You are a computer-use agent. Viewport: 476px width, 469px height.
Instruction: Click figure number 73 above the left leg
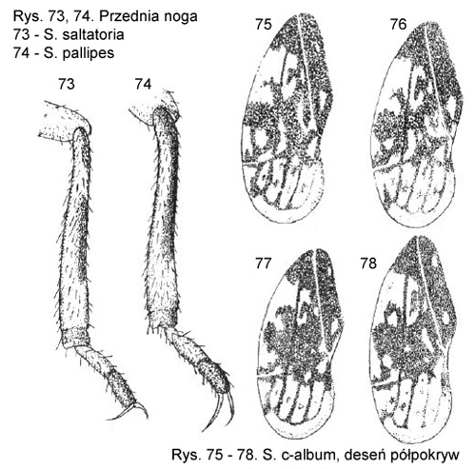point(67,85)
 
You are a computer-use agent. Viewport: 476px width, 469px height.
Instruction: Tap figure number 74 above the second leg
point(143,85)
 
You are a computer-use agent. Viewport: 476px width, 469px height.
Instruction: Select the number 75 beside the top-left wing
point(264,25)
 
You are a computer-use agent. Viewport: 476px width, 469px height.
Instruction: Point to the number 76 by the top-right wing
point(399,25)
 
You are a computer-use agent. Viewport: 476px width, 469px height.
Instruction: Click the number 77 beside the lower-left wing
point(263,264)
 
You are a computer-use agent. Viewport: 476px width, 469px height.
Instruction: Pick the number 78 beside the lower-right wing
point(368,264)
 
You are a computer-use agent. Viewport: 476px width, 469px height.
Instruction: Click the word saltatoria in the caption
point(93,34)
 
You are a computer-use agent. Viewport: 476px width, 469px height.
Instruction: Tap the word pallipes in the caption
point(89,53)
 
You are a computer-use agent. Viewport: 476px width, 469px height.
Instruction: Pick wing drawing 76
point(417,126)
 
